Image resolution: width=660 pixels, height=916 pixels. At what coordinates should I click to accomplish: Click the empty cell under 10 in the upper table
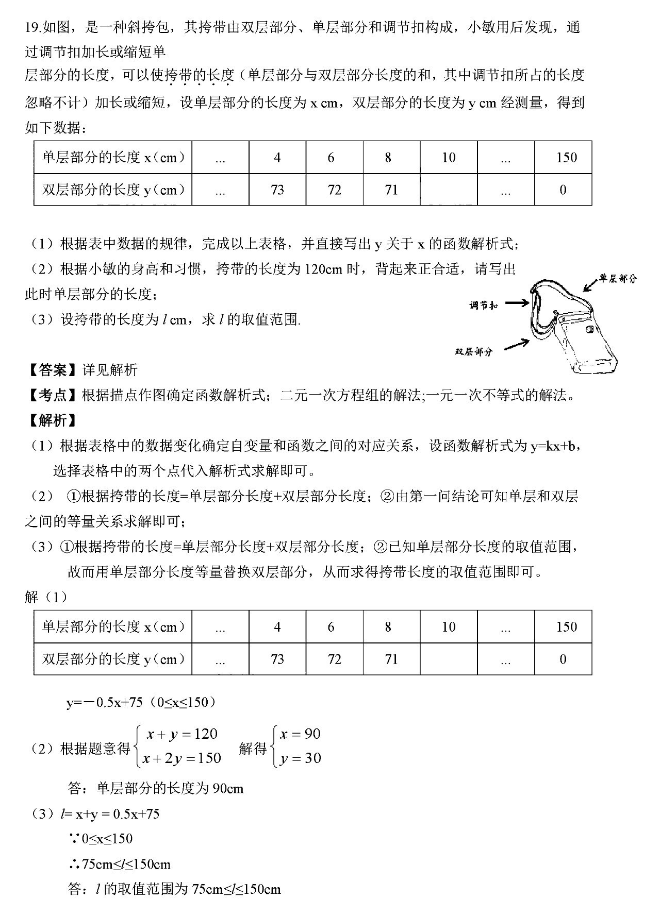click(449, 190)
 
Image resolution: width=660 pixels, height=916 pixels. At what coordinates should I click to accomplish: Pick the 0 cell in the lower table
click(563, 659)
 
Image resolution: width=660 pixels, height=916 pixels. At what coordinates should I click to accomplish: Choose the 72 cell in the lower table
click(335, 659)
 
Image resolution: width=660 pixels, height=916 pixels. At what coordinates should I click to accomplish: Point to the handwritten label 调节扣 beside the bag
click(483, 306)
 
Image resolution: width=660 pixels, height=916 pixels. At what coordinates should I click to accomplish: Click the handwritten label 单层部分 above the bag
click(617, 279)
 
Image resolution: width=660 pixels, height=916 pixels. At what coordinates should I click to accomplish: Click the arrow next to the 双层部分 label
click(516, 345)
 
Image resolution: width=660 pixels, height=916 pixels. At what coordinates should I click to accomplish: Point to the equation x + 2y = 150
click(182, 758)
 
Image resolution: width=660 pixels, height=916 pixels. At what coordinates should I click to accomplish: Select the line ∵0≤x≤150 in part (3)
click(101, 839)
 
